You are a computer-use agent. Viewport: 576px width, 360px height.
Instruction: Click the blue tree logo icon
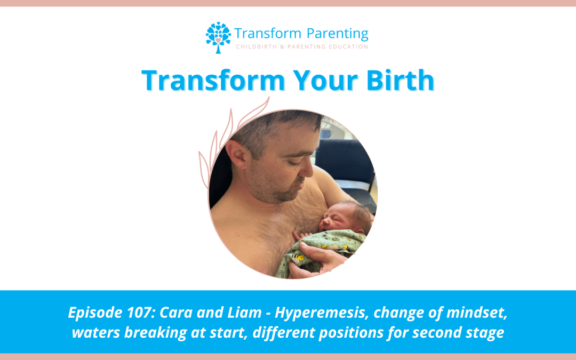pyautogui.click(x=218, y=37)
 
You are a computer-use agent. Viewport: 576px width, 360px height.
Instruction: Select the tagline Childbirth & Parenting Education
pyautogui.click(x=302, y=47)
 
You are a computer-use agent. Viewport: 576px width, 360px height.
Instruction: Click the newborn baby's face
pyautogui.click(x=336, y=218)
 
